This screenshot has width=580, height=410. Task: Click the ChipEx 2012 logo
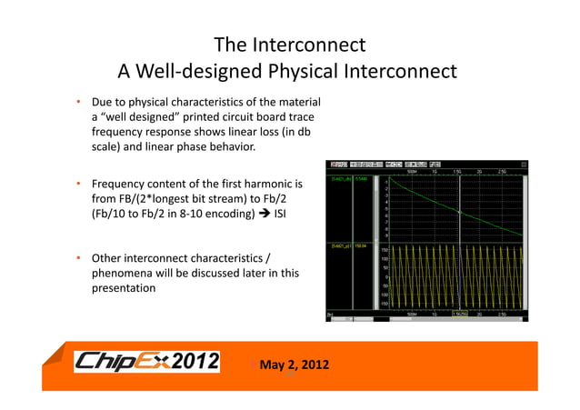click(x=146, y=362)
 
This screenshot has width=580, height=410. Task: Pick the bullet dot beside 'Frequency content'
click(x=79, y=185)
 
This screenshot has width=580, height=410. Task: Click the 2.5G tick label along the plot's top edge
click(x=502, y=170)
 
